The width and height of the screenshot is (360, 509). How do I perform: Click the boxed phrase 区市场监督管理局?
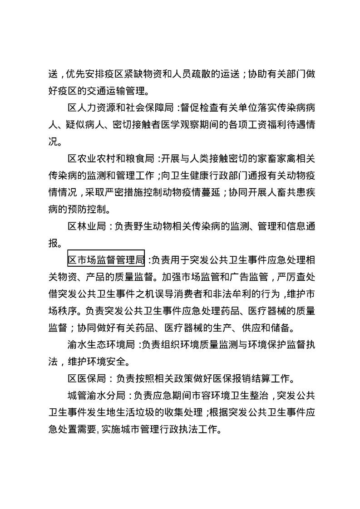click(x=106, y=260)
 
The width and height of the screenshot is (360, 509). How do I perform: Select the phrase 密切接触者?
click(x=140, y=125)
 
